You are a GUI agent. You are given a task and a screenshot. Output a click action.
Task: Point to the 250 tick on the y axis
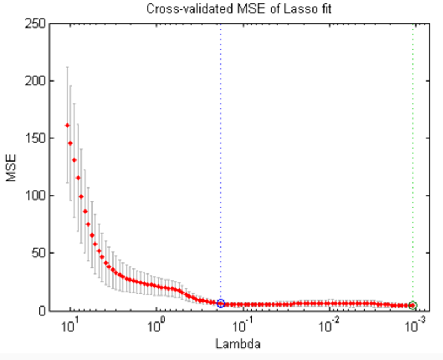(x=34, y=24)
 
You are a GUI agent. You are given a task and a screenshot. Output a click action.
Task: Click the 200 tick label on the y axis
(x=34, y=81)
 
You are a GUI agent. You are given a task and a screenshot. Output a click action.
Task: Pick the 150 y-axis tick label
(x=34, y=138)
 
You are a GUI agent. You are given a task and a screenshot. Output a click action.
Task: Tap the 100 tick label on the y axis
(x=34, y=196)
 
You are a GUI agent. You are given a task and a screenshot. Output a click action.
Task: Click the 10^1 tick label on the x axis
(x=69, y=325)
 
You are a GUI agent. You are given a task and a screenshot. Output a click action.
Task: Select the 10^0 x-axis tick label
(x=156, y=325)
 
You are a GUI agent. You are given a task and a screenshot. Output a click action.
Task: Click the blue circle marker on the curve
(x=221, y=304)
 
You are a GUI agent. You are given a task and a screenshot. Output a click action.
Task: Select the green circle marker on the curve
(x=413, y=305)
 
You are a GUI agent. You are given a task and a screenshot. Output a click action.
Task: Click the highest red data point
(x=67, y=125)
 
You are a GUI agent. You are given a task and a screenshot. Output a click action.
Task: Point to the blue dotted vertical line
(x=221, y=165)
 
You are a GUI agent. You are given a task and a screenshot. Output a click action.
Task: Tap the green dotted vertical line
(x=413, y=165)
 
